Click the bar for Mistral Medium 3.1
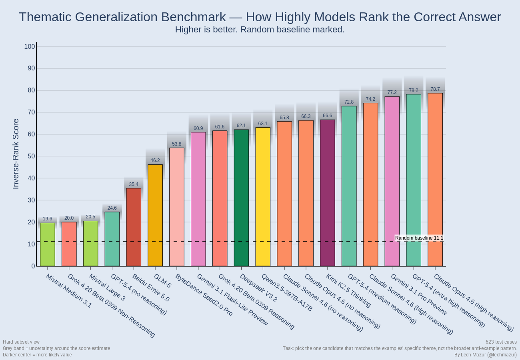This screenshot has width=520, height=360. (x=48, y=244)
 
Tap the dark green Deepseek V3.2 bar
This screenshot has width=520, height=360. (x=241, y=198)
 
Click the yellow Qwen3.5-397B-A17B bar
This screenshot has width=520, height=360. (x=263, y=196)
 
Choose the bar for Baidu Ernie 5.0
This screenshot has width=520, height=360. (x=134, y=227)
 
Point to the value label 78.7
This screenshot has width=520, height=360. (x=435, y=89)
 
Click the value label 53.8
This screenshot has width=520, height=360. (x=177, y=144)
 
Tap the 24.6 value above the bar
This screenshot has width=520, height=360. (x=112, y=208)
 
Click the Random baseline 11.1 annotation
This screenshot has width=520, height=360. (x=419, y=238)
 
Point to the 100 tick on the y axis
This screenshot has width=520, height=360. (x=30, y=46)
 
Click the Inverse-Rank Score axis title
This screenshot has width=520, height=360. (x=16, y=154)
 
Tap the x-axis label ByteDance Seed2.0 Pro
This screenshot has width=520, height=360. (x=204, y=295)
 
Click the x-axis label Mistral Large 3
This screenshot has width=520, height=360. (x=107, y=287)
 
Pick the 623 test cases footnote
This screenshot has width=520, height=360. (x=501, y=342)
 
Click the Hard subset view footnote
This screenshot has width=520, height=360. (x=21, y=342)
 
